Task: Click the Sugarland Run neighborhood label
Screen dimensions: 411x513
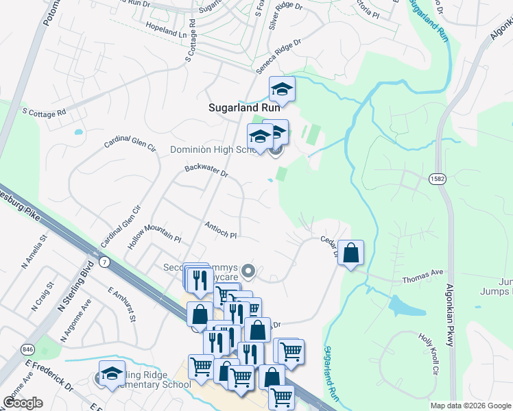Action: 243,108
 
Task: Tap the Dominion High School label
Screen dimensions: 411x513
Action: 213,149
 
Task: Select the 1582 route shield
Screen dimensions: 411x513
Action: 437,179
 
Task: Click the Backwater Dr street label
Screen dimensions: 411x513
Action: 206,171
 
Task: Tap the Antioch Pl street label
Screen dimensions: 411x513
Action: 220,229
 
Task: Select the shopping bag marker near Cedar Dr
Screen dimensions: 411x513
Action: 350,253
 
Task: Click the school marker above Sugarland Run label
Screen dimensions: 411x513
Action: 281,88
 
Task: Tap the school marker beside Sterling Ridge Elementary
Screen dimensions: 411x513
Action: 112,373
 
